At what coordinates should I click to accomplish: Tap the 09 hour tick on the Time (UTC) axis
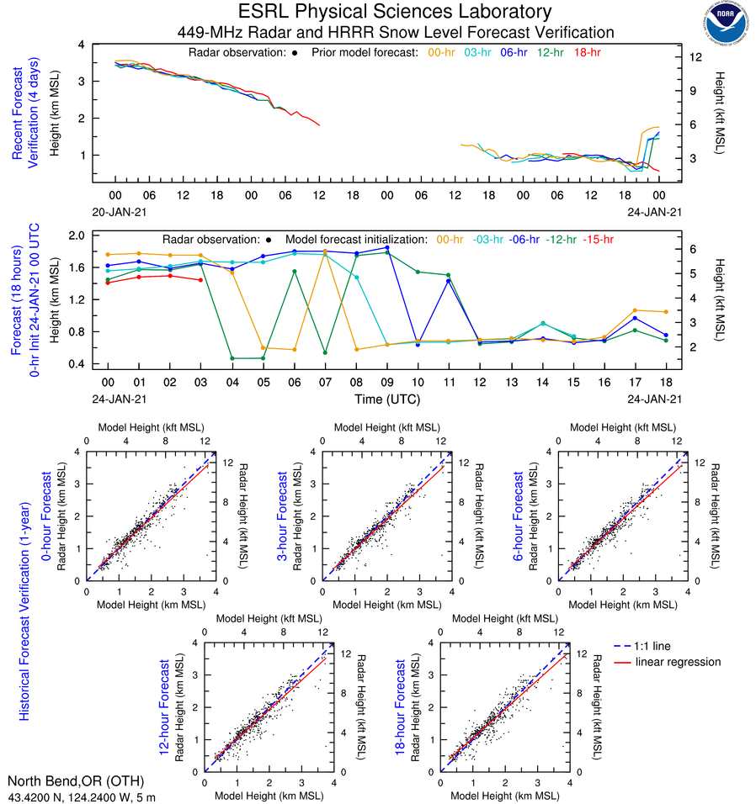386,381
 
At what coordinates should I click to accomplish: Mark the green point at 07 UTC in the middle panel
325,352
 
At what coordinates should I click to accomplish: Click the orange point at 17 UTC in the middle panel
635,310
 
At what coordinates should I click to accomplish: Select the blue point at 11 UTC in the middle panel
449,281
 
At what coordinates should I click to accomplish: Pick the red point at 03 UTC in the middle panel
200,280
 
